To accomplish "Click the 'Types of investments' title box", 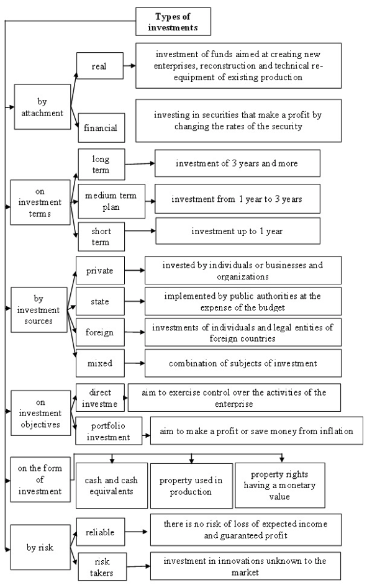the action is pyautogui.click(x=173, y=22).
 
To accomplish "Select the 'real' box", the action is pyautogui.click(x=100, y=66).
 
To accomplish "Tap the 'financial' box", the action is pyautogui.click(x=101, y=127).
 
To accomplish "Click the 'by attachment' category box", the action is pyautogui.click(x=42, y=107).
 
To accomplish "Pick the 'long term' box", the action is pyautogui.click(x=101, y=164).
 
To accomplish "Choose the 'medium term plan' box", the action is pyautogui.click(x=112, y=201).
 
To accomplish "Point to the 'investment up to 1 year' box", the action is pyautogui.click(x=238, y=231).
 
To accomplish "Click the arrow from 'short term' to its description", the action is pyautogui.click(x=140, y=231).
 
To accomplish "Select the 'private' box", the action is pyautogui.click(x=101, y=270).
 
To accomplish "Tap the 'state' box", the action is pyautogui.click(x=101, y=301).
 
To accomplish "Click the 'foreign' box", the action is pyautogui.click(x=101, y=332).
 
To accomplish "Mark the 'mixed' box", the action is pyautogui.click(x=101, y=363).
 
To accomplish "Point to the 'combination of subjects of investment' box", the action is pyautogui.click(x=243, y=363).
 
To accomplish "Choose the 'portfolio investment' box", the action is pyautogui.click(x=109, y=431).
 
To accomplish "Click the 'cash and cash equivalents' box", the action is pyautogui.click(x=112, y=486).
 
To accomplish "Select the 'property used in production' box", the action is pyautogui.click(x=191, y=486).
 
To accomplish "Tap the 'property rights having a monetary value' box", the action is pyautogui.click(x=280, y=485).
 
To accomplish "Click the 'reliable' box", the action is pyautogui.click(x=101, y=532).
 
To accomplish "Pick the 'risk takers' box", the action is pyautogui.click(x=102, y=567).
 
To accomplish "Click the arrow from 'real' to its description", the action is pyautogui.click(x=129, y=66).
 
